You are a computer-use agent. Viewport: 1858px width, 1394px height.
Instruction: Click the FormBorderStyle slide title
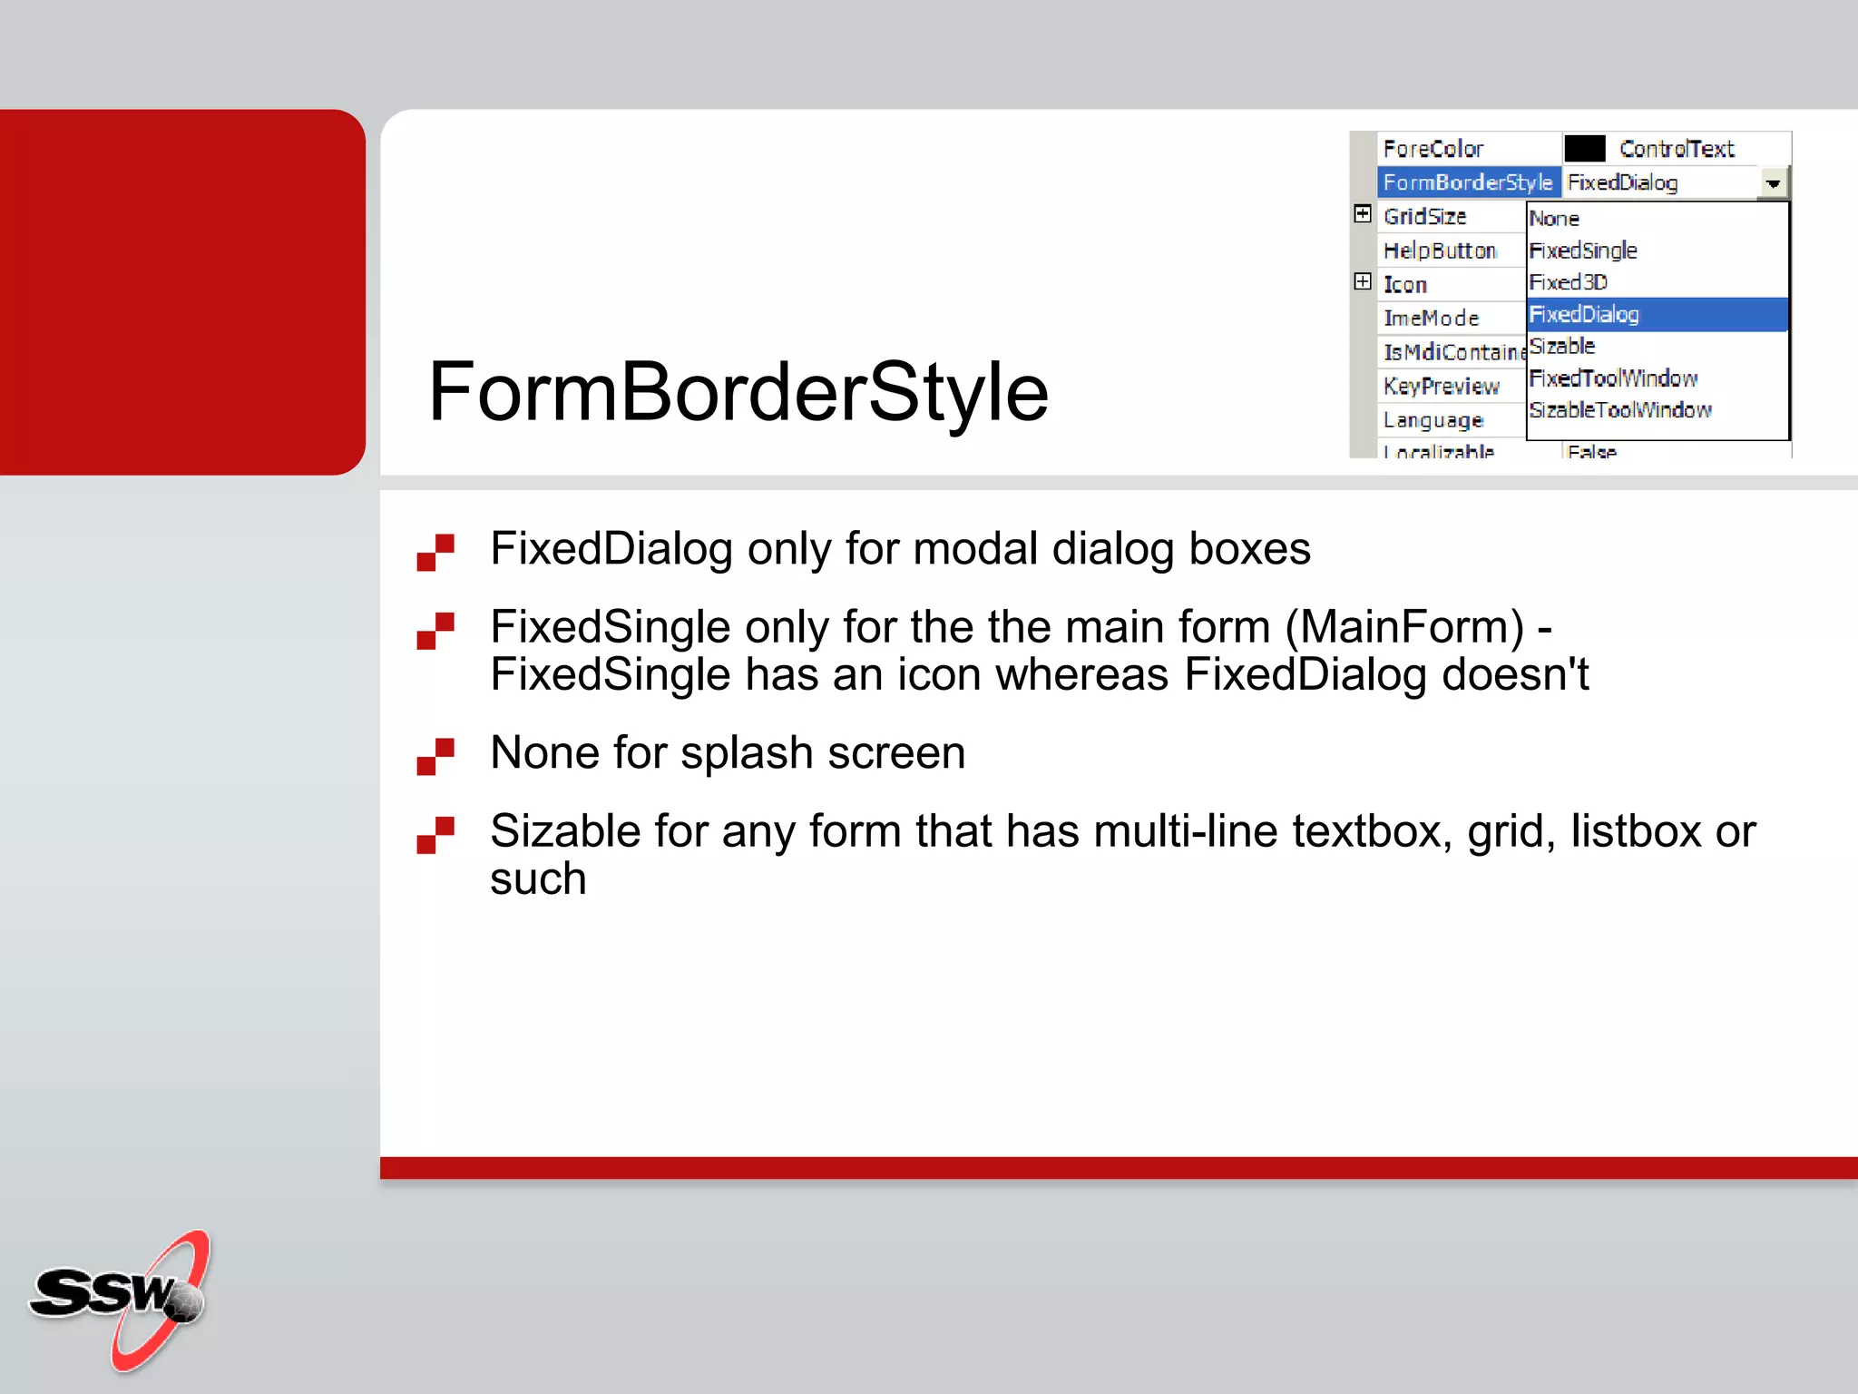tap(738, 392)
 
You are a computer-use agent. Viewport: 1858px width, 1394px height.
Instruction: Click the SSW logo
tap(122, 1298)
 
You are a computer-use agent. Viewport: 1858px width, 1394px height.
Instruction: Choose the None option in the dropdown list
tap(1554, 219)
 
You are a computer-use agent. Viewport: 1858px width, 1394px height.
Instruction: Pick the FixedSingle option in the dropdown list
tap(1583, 250)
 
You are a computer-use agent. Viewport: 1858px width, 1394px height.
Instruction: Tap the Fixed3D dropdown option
tap(1569, 282)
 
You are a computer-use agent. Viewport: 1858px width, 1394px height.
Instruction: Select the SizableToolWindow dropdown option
tap(1620, 410)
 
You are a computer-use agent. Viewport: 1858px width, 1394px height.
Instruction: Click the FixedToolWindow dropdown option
tap(1613, 378)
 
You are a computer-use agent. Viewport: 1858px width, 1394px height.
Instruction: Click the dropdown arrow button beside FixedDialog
tap(1772, 183)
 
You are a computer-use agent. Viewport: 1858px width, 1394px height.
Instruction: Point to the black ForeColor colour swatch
tap(1585, 148)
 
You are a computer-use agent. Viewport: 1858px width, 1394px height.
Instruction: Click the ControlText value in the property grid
tap(1677, 149)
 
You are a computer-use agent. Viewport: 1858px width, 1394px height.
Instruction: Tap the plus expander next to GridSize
tap(1363, 214)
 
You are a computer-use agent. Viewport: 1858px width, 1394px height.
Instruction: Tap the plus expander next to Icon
tap(1363, 281)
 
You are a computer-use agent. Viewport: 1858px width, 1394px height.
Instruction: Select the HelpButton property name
tap(1440, 250)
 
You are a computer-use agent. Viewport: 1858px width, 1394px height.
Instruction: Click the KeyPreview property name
tap(1442, 386)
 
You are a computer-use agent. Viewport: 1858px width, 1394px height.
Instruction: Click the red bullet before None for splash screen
tap(435, 756)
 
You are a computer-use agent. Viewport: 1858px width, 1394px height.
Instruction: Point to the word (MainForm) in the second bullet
tap(1404, 627)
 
